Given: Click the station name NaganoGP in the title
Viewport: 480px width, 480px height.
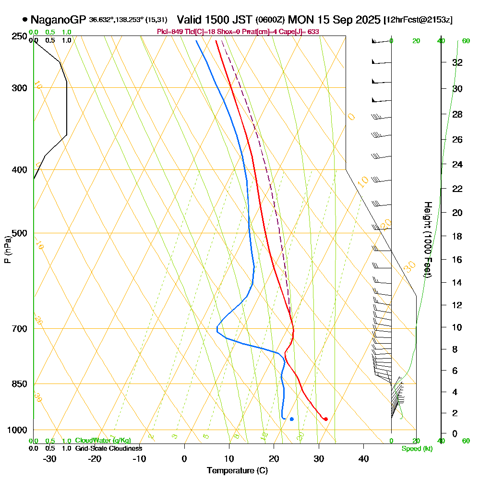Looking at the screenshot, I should [58, 20].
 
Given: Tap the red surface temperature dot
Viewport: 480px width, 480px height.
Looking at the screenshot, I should [326, 419].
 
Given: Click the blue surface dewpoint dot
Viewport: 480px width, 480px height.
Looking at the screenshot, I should [291, 419].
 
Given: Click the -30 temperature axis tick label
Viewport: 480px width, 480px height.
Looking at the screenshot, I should [50, 458].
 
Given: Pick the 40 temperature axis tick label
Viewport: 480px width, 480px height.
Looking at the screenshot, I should [363, 458].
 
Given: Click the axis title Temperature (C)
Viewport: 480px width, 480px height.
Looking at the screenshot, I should [237, 470].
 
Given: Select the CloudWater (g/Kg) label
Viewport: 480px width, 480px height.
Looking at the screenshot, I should [103, 441].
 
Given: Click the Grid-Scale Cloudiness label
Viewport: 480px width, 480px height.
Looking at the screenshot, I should [108, 448].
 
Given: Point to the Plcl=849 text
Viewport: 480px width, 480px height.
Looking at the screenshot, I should [168, 32].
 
